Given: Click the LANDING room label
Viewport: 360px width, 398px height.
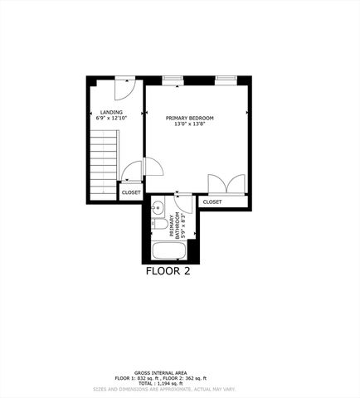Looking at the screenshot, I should point(111,113).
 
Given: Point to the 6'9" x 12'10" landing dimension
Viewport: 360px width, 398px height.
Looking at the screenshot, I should point(111,119).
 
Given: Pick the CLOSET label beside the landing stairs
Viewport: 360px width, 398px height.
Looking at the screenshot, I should point(131,192).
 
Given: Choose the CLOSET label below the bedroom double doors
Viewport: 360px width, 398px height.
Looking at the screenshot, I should point(212,201).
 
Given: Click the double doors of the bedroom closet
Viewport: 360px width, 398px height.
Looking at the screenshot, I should point(226,185).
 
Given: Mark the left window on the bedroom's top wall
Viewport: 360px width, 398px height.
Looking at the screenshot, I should point(173,80).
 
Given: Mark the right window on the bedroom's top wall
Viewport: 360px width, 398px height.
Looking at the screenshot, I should point(226,80).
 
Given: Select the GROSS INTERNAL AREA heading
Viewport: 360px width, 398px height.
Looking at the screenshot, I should point(165,374).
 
